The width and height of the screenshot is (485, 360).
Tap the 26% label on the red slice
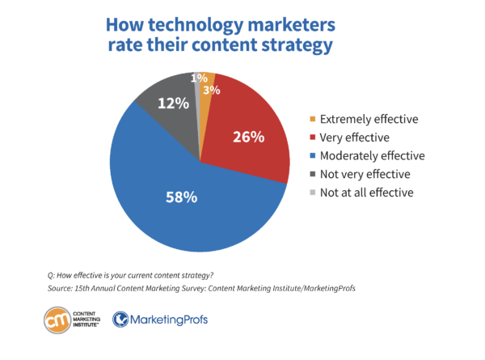(247, 137)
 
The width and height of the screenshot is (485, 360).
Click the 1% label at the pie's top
(197, 78)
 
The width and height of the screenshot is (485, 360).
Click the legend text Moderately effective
(373, 155)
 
